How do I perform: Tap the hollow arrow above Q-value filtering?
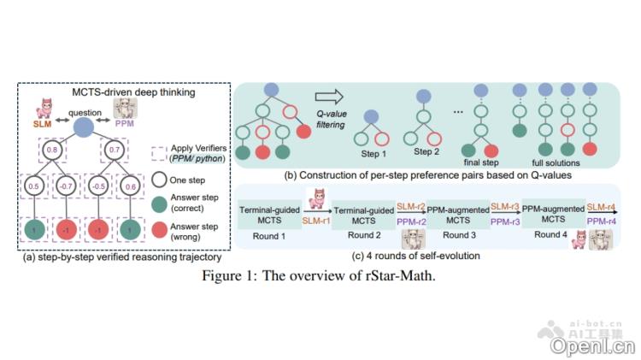coord(325,97)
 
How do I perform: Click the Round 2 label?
coord(356,235)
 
